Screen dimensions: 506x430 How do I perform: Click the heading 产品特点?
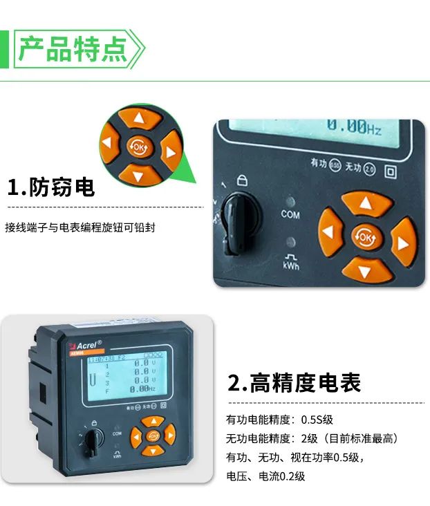tap(72, 49)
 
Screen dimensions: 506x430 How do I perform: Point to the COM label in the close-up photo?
tap(290, 214)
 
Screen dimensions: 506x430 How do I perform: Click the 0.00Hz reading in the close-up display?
tap(354, 127)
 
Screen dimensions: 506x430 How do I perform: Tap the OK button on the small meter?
tap(153, 435)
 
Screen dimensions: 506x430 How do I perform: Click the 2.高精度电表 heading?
tap(295, 382)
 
